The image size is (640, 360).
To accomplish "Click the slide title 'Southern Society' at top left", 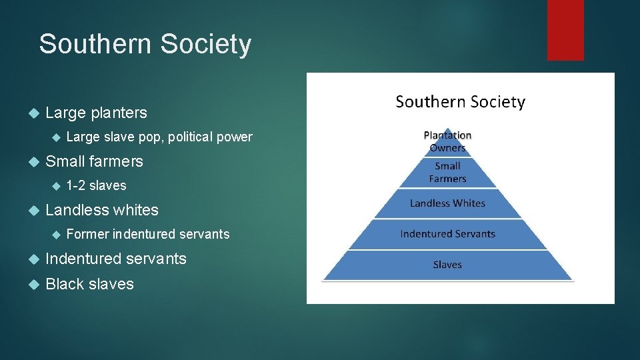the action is pyautogui.click(x=145, y=45).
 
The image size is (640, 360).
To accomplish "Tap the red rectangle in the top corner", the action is pyautogui.click(x=565, y=30).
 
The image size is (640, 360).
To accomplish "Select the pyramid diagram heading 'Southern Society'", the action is pyautogui.click(x=460, y=102).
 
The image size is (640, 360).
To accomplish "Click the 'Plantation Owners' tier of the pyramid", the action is pyautogui.click(x=447, y=141).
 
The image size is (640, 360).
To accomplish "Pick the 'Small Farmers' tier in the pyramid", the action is pyautogui.click(x=447, y=173).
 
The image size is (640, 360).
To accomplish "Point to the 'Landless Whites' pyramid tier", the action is pyautogui.click(x=447, y=203).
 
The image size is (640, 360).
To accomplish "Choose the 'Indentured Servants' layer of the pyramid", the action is pyautogui.click(x=447, y=234).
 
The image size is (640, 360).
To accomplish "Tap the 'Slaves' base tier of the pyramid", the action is pyautogui.click(x=447, y=265).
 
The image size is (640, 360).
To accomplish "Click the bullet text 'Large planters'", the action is pyautogui.click(x=96, y=113).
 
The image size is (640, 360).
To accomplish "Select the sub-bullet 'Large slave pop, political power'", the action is pyautogui.click(x=159, y=137).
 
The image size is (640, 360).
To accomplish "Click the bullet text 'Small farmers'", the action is pyautogui.click(x=94, y=161).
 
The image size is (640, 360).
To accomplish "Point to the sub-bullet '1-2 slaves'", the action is pyautogui.click(x=96, y=186).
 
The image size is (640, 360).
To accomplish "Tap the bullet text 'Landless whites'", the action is pyautogui.click(x=101, y=210).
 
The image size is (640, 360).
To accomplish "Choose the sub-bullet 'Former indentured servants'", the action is pyautogui.click(x=148, y=235).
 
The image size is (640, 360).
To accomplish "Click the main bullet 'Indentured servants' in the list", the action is pyautogui.click(x=115, y=259).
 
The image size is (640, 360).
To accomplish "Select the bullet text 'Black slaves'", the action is pyautogui.click(x=89, y=284).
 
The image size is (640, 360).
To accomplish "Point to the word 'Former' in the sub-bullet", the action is pyautogui.click(x=88, y=235).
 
